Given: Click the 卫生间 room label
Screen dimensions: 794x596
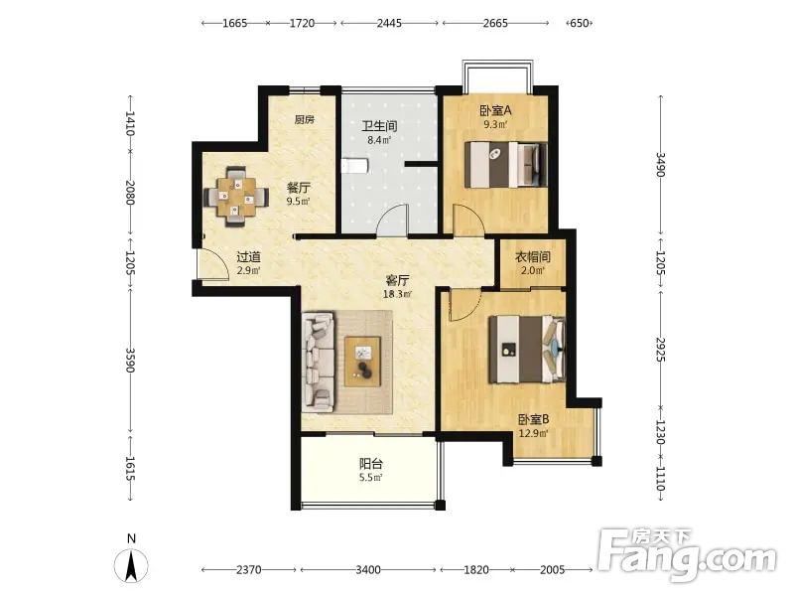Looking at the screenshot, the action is [379, 126].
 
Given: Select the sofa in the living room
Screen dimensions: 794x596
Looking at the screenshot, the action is [318, 362].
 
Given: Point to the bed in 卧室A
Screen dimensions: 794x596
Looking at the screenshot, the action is [506, 164].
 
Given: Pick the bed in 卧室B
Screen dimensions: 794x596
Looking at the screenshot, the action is [527, 350].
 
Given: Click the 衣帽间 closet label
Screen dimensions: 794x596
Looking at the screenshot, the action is [533, 257].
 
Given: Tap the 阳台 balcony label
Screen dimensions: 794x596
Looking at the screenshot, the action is [371, 463].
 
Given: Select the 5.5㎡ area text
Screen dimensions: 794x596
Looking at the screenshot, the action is [371, 477].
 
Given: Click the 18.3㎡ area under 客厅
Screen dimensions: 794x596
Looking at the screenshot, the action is [398, 294].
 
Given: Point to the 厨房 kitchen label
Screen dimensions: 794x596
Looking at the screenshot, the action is [305, 119].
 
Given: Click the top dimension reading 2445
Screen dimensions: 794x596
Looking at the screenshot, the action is [389, 23].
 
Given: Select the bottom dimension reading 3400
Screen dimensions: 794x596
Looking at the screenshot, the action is [368, 569].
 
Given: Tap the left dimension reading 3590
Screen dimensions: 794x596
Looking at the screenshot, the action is [130, 360].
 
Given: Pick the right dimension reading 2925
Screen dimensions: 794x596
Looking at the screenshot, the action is [659, 350].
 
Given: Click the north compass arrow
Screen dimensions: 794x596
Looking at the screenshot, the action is [131, 565].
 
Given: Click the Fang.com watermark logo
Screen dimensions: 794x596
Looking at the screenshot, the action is [687, 554].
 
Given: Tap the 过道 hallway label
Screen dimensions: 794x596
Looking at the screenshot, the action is [249, 257].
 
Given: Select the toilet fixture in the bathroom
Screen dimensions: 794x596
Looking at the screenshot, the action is [354, 165].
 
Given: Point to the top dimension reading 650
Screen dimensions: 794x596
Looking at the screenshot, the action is [580, 23].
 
